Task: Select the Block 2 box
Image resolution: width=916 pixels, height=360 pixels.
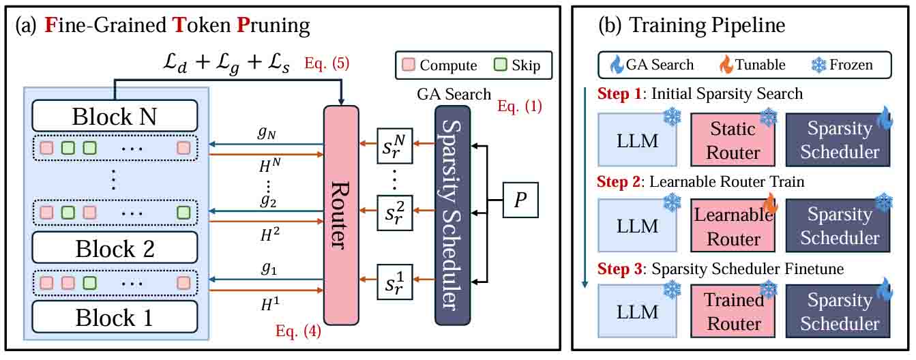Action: (x=114, y=248)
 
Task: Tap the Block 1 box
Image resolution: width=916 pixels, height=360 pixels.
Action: (x=114, y=317)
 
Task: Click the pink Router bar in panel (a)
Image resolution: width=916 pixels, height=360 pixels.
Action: (x=341, y=215)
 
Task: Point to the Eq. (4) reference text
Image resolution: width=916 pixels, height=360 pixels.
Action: (x=297, y=332)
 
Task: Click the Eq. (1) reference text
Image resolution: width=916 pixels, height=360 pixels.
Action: (x=520, y=106)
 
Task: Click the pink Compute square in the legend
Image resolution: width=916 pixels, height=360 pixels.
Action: (x=407, y=65)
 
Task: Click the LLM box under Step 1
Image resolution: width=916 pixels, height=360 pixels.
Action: (x=637, y=140)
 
